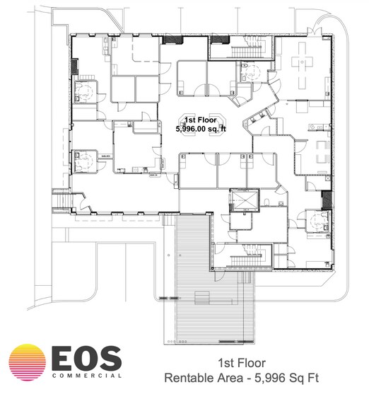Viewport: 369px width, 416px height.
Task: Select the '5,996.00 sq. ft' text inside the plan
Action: coord(200,129)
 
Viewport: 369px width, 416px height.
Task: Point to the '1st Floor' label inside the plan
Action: coord(200,120)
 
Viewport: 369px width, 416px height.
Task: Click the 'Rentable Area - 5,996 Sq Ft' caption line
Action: coord(242,378)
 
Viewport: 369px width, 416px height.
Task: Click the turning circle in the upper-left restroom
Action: coord(86,91)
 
